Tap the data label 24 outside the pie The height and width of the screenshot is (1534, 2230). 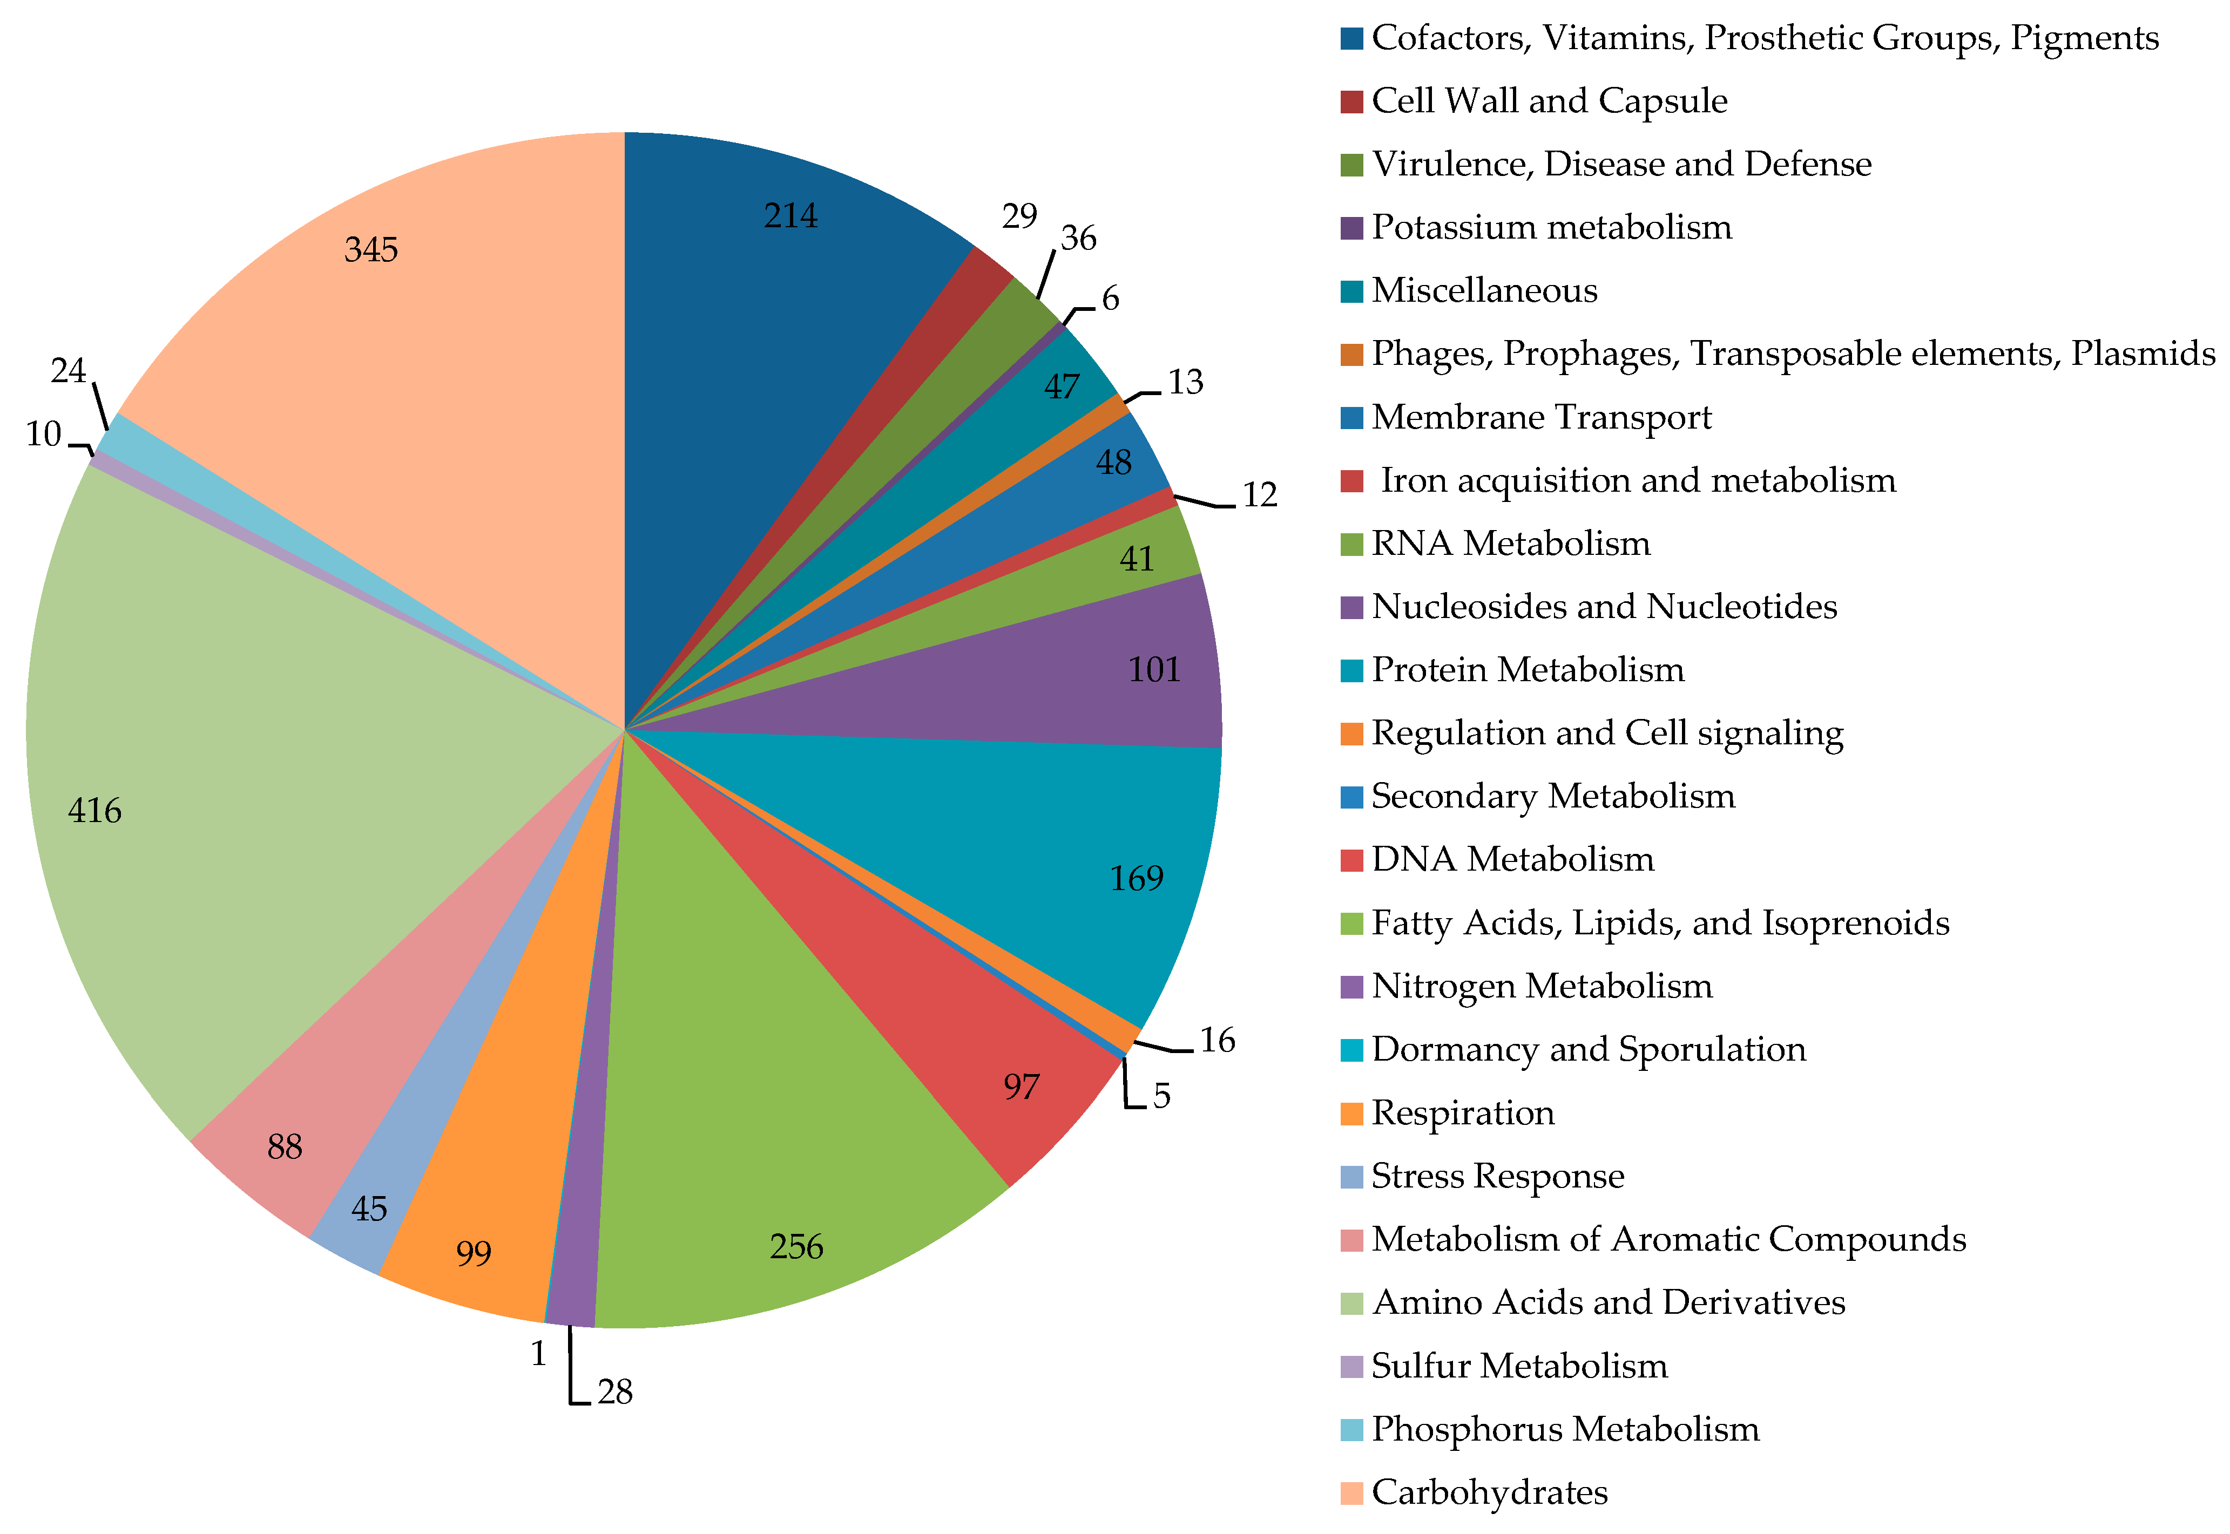68,371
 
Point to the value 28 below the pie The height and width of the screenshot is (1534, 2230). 615,1392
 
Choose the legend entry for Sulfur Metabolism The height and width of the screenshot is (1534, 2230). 1519,1366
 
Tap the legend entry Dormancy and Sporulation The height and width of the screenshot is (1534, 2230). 1588,1049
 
